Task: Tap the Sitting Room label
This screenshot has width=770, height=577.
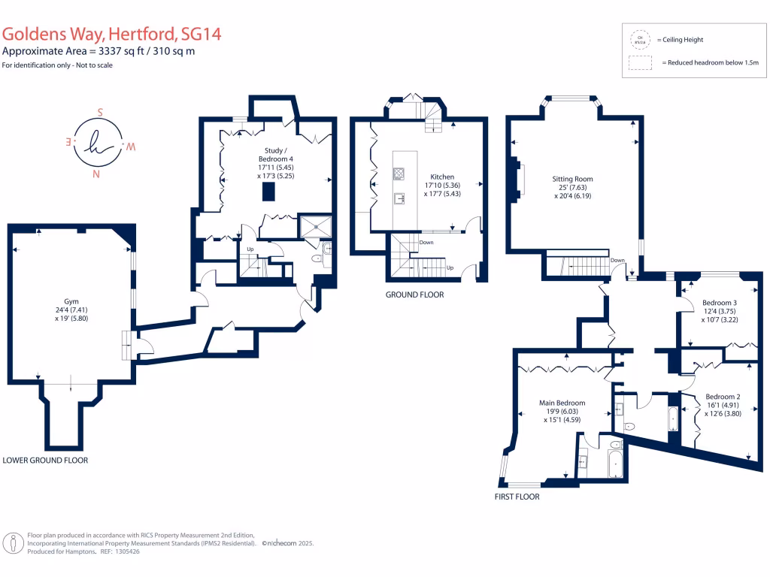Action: pyautogui.click(x=573, y=179)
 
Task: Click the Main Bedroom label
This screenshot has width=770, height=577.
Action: pyautogui.click(x=562, y=403)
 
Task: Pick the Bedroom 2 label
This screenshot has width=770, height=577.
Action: pyautogui.click(x=723, y=397)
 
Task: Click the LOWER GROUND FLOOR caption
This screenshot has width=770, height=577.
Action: pyautogui.click(x=45, y=460)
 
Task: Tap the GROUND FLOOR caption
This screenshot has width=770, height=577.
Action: pyautogui.click(x=414, y=295)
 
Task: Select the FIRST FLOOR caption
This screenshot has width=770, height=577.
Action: pyautogui.click(x=517, y=497)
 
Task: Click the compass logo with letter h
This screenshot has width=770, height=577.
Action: pyautogui.click(x=98, y=143)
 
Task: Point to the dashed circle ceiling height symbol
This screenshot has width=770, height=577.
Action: pyautogui.click(x=640, y=39)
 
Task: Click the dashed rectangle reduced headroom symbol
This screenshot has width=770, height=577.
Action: pyautogui.click(x=640, y=63)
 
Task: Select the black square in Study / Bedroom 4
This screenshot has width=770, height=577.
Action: pyautogui.click(x=268, y=192)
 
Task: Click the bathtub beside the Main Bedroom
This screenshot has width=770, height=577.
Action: pyautogui.click(x=615, y=461)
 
